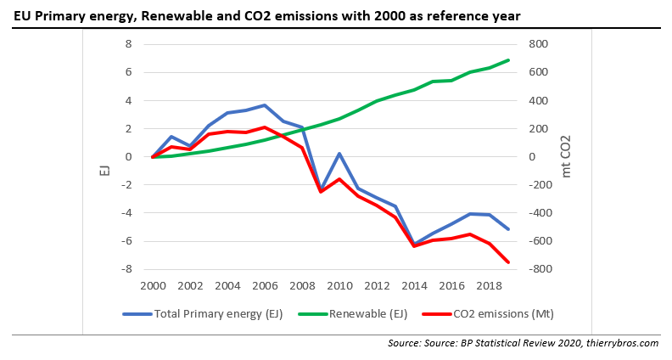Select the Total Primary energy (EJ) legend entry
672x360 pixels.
click(x=217, y=313)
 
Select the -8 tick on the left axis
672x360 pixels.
click(x=127, y=269)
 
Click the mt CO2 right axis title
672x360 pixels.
click(x=566, y=157)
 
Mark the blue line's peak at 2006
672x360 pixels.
click(x=265, y=105)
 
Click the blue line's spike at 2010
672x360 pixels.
click(x=339, y=154)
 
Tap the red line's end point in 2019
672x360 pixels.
click(x=508, y=262)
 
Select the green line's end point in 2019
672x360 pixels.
click(x=508, y=60)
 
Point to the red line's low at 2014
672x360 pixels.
click(x=414, y=245)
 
